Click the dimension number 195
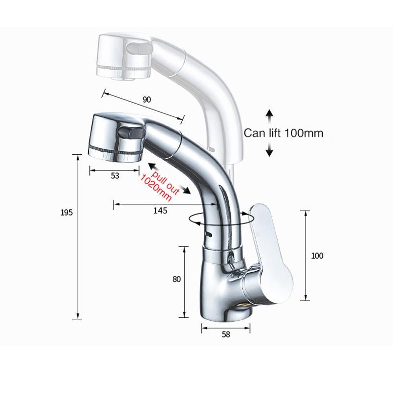point(67,213)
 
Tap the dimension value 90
point(146,100)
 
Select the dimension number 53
point(115,176)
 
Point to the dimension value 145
point(160,210)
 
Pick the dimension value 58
point(226,335)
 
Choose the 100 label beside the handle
point(317,255)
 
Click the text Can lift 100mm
point(284,133)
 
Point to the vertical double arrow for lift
point(269,133)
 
